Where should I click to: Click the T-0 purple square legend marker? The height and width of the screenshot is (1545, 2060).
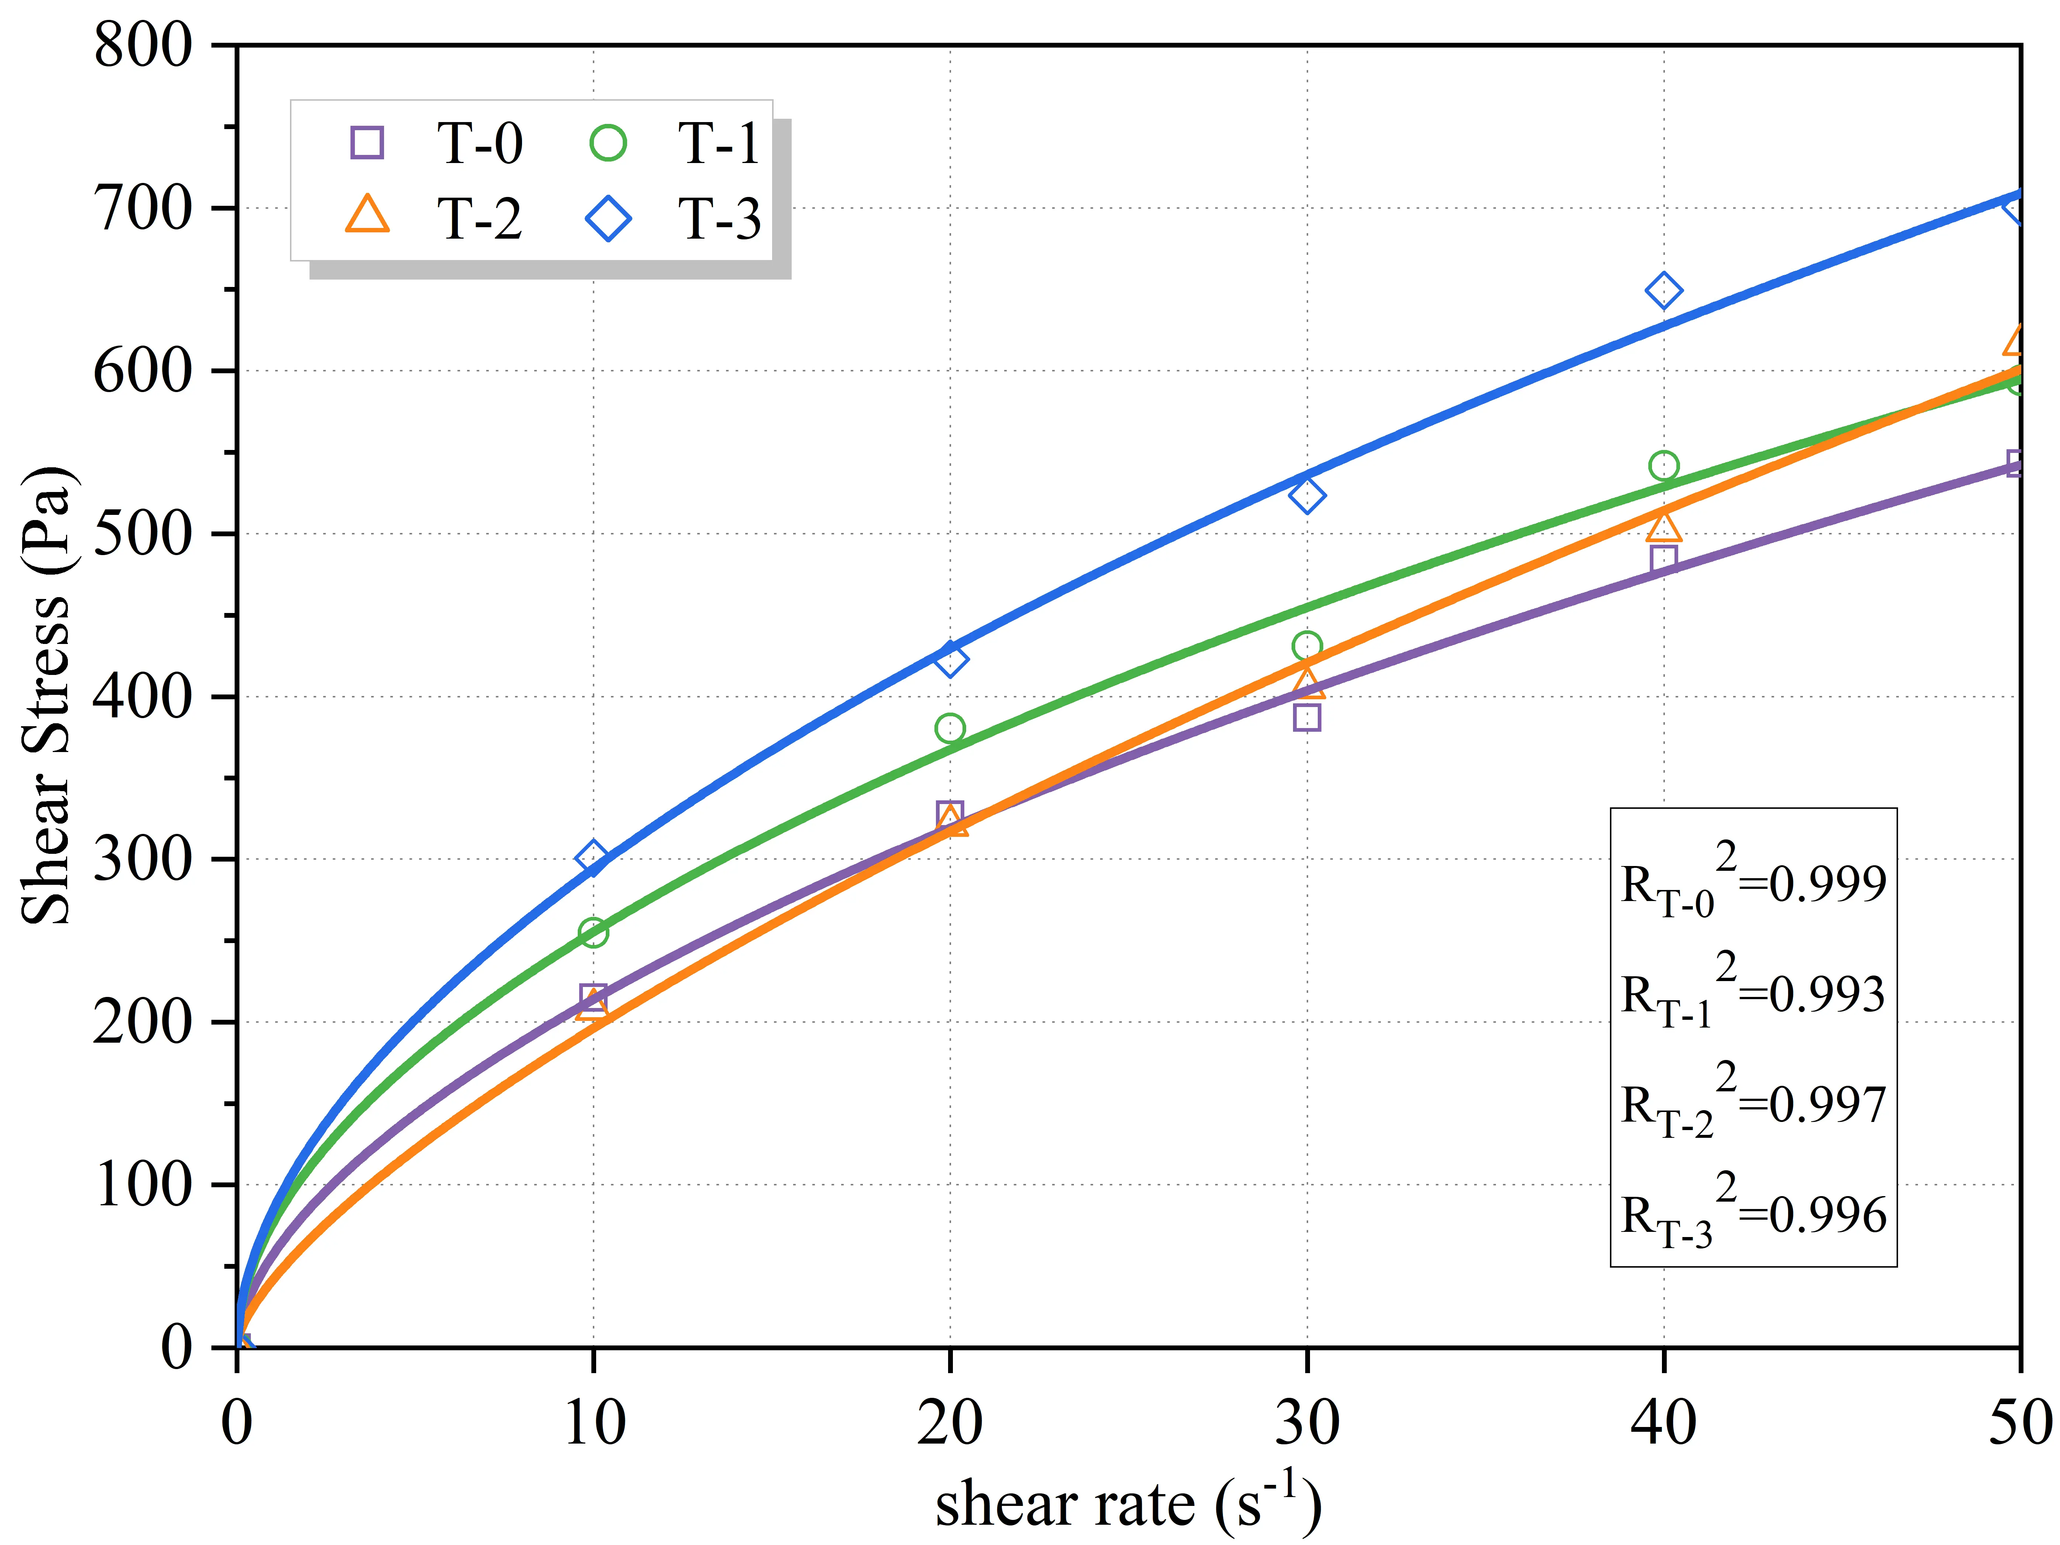pos(367,142)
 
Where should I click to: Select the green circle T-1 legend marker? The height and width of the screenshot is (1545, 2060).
pos(608,142)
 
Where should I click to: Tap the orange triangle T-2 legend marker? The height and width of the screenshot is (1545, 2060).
pos(367,215)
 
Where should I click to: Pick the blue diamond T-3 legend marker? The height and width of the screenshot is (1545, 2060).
pos(608,219)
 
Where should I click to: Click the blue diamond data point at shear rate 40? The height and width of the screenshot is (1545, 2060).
pos(1663,291)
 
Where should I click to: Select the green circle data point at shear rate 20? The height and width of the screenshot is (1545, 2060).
pos(950,728)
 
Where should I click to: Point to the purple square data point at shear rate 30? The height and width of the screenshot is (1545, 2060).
pos(1307,717)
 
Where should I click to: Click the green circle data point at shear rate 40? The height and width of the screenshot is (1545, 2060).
pos(1663,466)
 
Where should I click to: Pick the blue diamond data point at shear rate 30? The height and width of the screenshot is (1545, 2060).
pos(1307,495)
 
